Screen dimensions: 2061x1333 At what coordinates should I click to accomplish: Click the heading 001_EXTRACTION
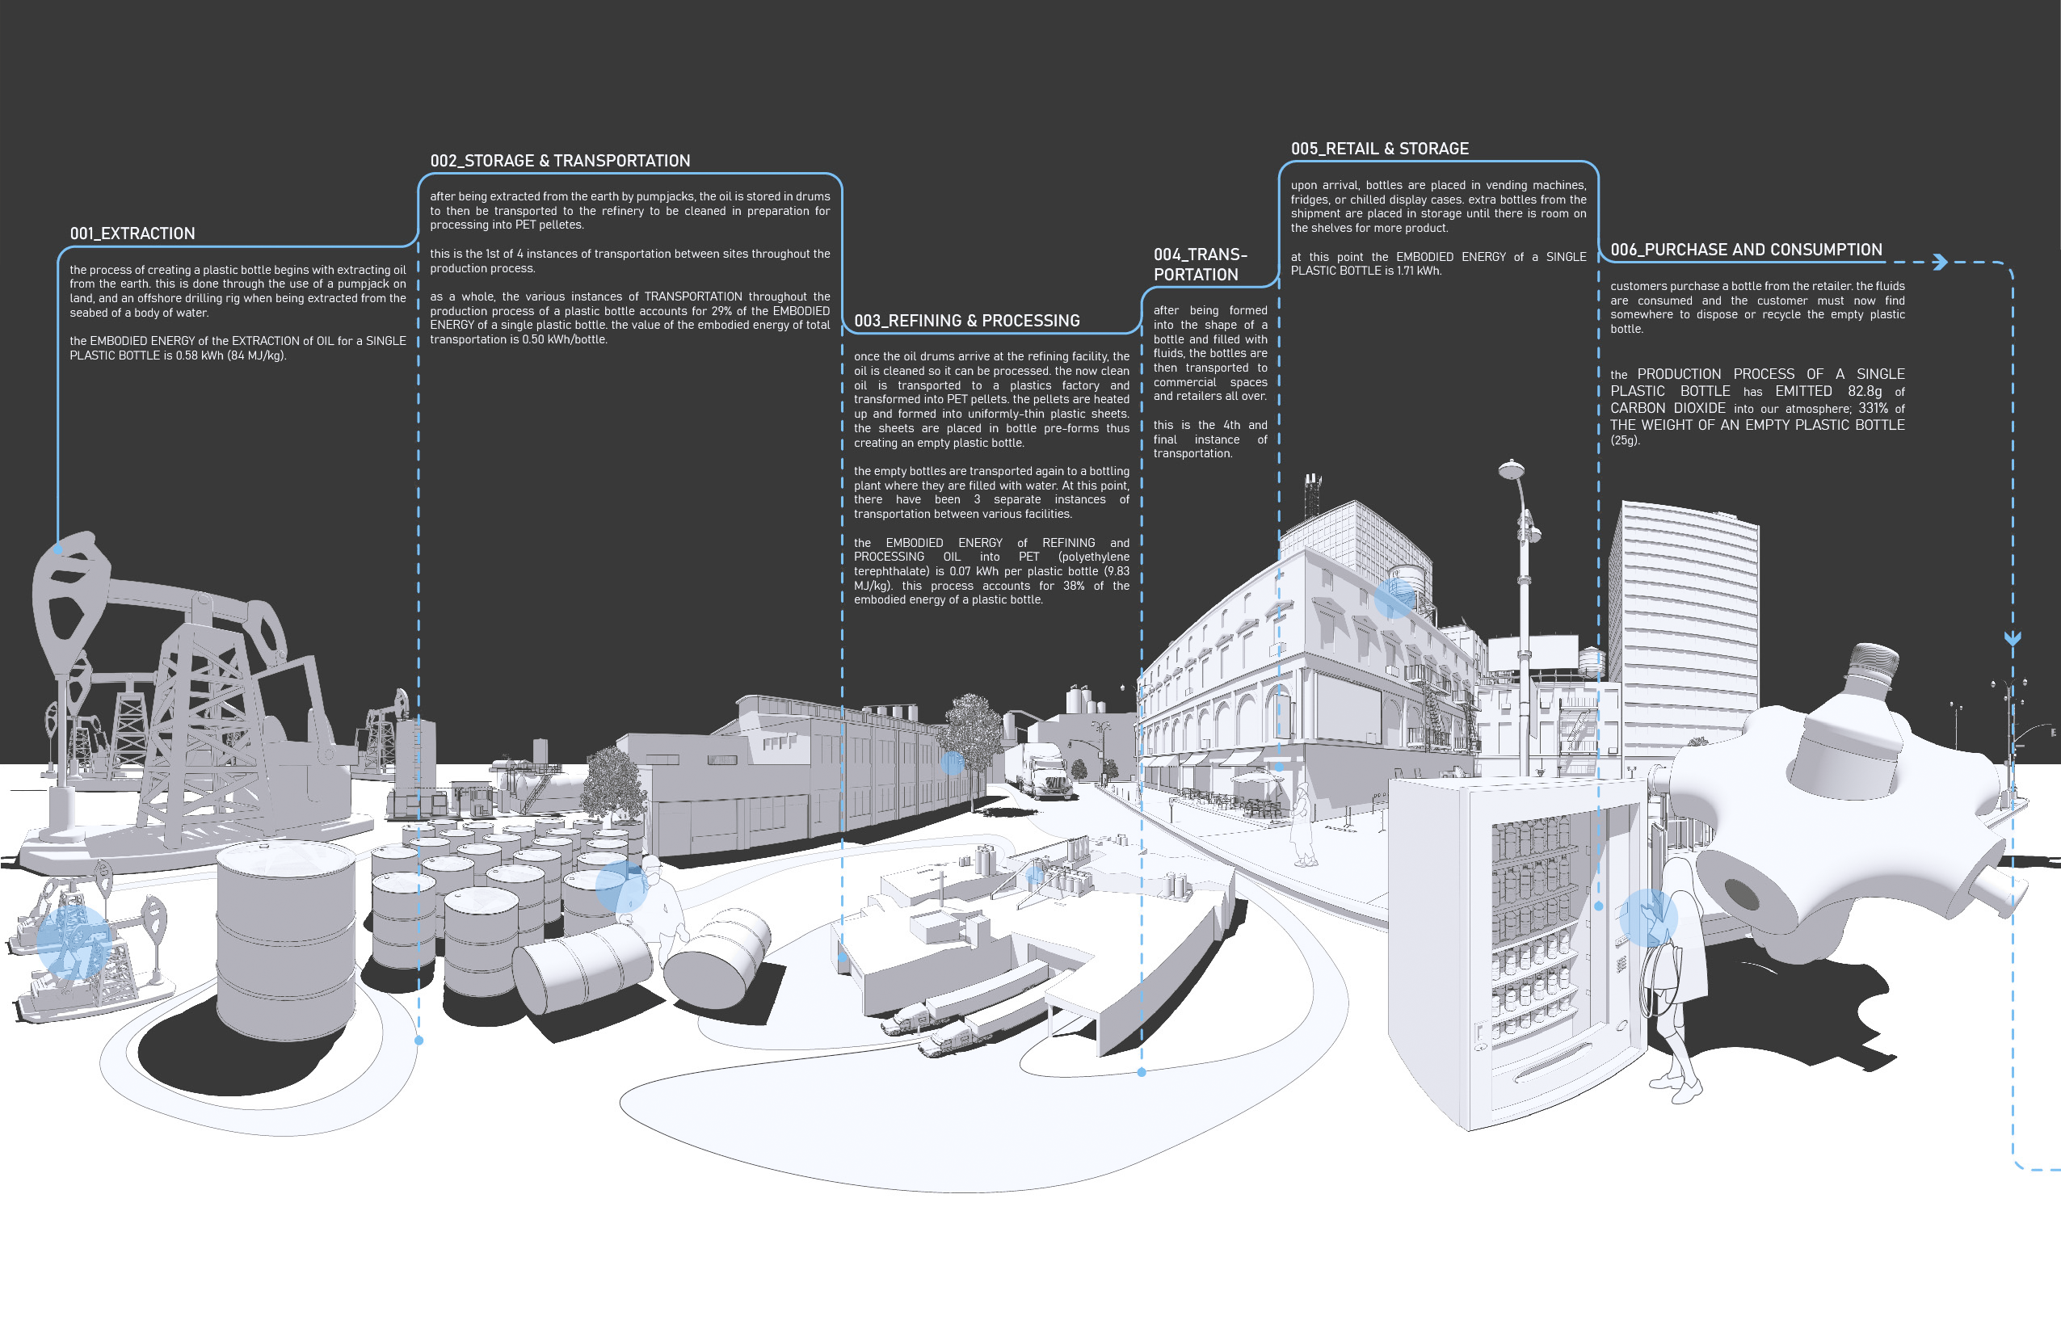tap(132, 233)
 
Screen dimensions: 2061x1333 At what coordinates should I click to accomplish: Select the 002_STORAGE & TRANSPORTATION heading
tap(560, 161)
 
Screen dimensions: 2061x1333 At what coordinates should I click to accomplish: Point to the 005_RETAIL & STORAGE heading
tap(1379, 149)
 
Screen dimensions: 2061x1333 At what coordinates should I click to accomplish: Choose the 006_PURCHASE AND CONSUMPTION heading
tap(1745, 250)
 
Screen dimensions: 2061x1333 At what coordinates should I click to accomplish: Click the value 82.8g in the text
tap(1864, 391)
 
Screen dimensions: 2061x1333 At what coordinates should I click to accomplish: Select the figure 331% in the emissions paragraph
tap(1872, 409)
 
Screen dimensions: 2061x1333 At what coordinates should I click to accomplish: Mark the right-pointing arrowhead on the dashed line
tap(1940, 263)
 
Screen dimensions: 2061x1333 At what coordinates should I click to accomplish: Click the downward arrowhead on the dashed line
tap(2013, 639)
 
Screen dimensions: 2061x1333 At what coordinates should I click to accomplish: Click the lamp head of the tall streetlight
tap(1511, 470)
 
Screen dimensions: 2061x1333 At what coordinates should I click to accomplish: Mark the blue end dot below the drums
tap(419, 1041)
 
